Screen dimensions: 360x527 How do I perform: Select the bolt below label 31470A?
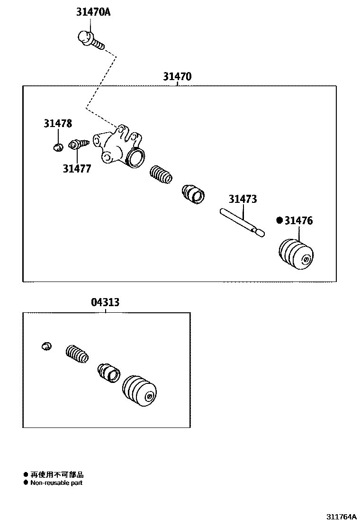90,39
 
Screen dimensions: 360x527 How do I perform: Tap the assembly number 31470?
177,76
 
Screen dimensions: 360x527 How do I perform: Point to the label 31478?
58,124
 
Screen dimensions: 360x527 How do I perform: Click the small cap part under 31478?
58,146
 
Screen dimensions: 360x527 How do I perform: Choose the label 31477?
77,168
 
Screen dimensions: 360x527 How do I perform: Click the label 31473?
243,199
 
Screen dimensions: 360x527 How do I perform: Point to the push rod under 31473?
242,222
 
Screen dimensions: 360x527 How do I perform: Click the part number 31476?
298,220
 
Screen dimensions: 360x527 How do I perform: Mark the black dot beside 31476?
279,220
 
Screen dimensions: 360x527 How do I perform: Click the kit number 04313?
105,302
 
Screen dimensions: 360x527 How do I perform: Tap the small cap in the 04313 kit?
46,346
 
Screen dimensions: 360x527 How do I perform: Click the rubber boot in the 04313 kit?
140,391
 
